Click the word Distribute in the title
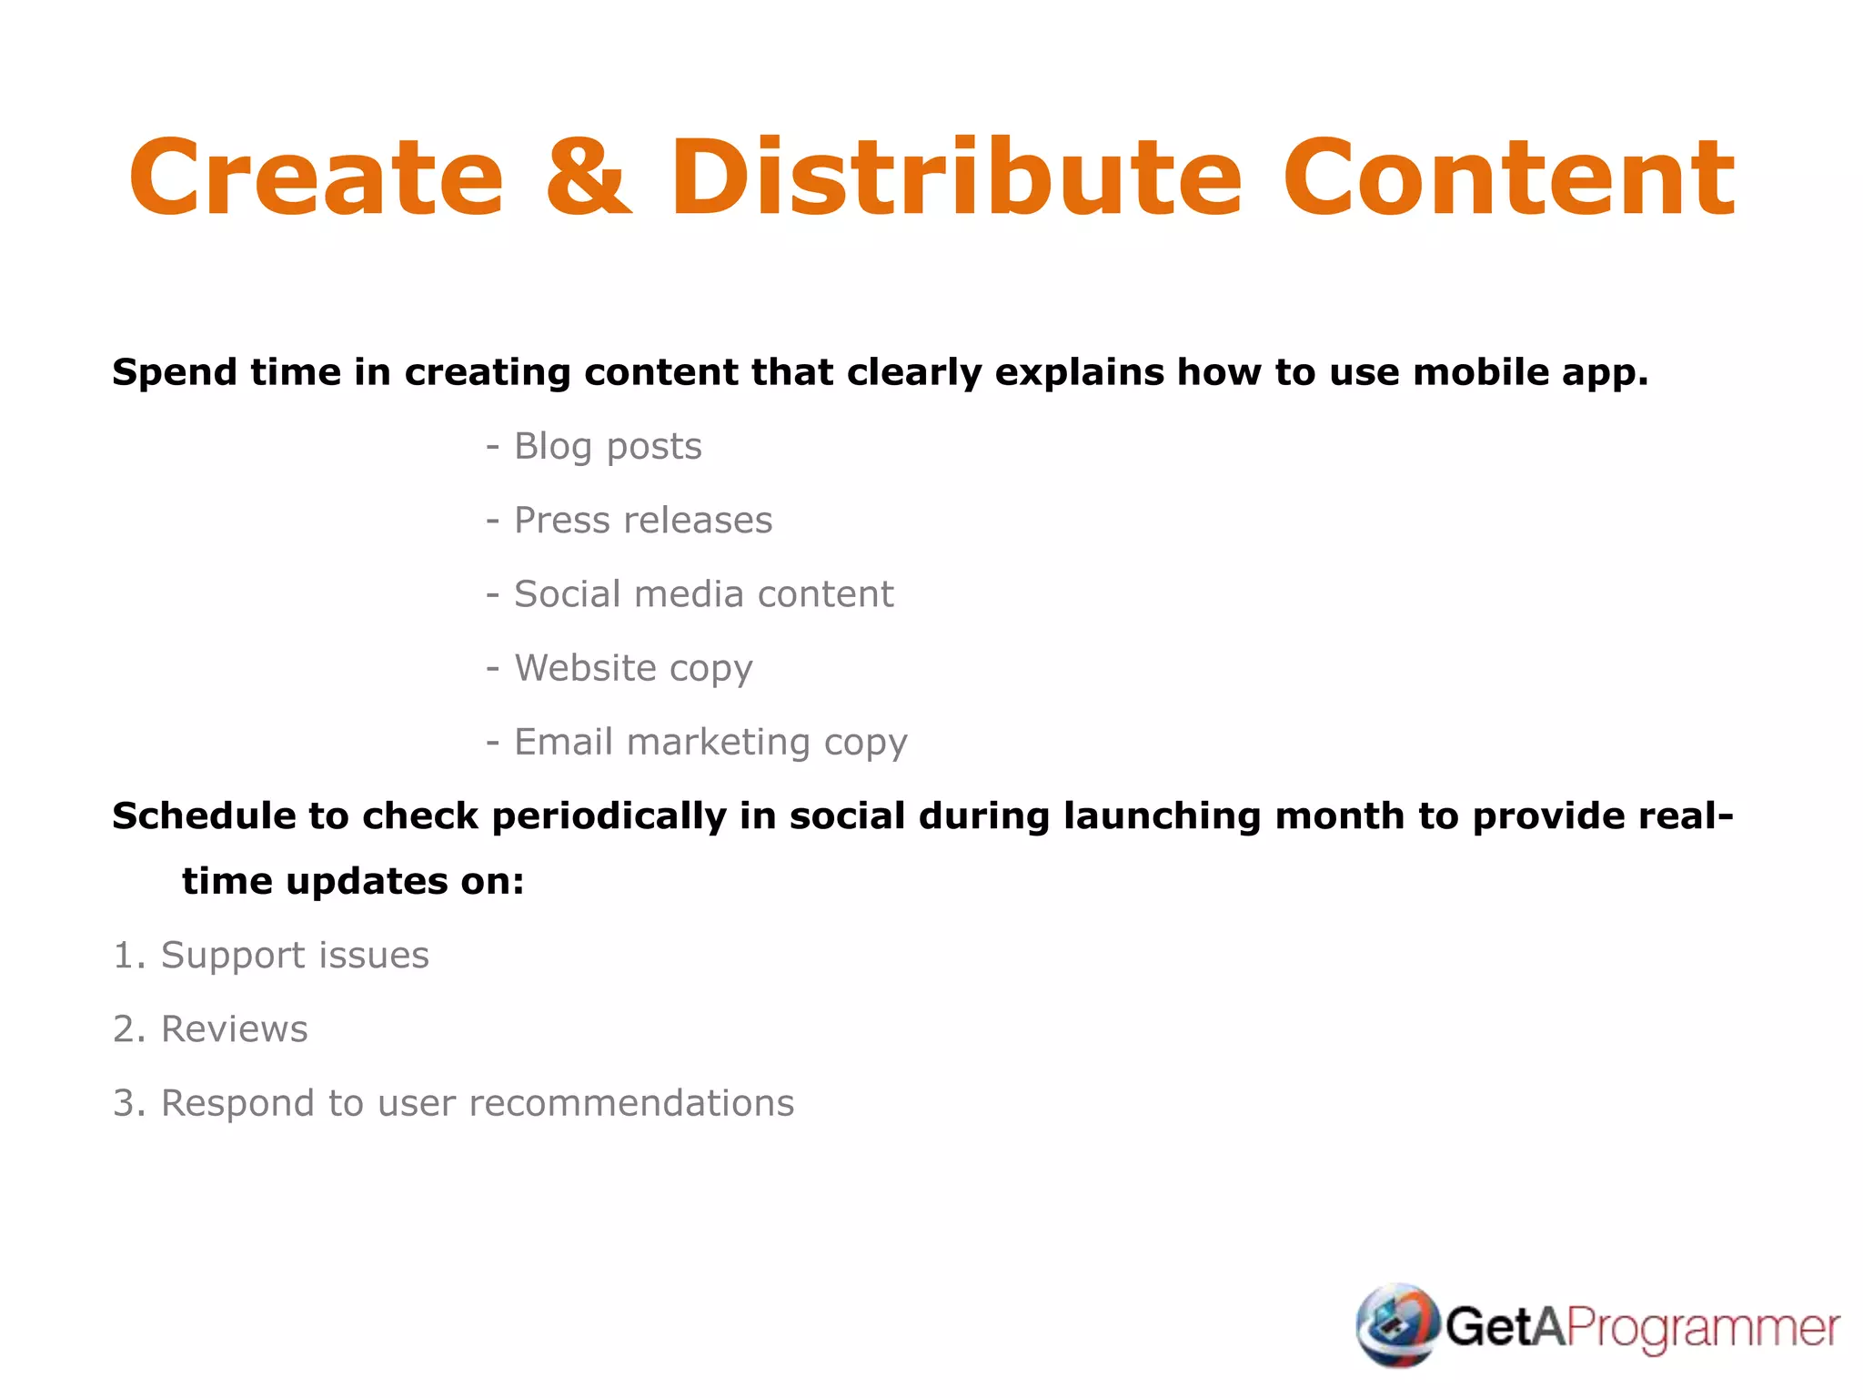(x=955, y=177)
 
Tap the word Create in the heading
(x=317, y=177)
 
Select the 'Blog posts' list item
(x=607, y=447)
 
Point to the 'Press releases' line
(x=642, y=521)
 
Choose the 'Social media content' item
(x=703, y=594)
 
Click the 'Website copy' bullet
(x=633, y=668)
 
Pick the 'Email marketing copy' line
(x=710, y=742)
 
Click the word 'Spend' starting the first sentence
(x=174, y=373)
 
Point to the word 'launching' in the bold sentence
(x=1163, y=816)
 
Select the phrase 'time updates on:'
(x=353, y=881)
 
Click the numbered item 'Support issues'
(x=294, y=956)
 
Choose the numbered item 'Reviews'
(x=234, y=1029)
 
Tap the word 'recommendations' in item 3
(x=631, y=1103)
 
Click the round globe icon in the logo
(x=1397, y=1325)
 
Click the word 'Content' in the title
(x=1508, y=177)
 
